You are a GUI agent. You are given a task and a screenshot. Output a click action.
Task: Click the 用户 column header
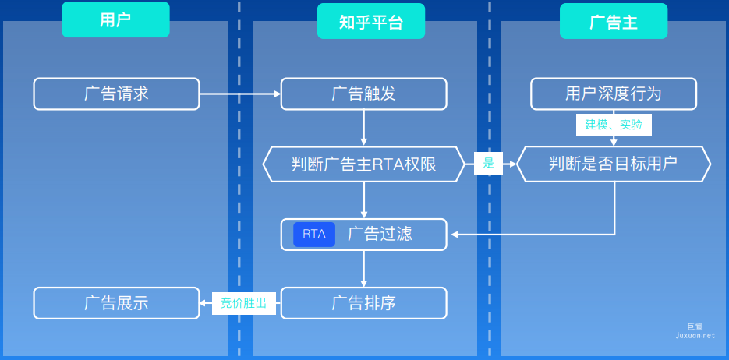115,20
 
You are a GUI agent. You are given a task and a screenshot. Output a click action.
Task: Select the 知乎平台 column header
371,21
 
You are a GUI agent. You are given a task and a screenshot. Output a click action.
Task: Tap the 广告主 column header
613,21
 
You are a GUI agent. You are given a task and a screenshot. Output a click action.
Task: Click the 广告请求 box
116,94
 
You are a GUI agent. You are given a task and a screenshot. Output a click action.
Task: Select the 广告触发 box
363,94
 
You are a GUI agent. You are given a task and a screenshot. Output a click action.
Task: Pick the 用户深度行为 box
613,94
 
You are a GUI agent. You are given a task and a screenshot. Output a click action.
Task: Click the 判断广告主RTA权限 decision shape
363,164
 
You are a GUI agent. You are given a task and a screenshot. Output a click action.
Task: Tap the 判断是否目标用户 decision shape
614,164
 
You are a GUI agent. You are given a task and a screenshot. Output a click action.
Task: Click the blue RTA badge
314,234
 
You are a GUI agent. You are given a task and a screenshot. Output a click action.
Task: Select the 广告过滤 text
380,234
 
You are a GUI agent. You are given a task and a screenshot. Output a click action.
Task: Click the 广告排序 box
363,303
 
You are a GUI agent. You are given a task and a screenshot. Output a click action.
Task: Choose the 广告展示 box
116,303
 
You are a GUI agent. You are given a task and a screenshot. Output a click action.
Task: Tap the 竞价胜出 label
244,303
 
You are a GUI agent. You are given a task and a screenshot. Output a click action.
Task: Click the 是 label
489,164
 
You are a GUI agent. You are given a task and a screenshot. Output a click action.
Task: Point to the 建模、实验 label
614,125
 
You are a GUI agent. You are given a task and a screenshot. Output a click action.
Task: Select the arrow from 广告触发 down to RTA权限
363,128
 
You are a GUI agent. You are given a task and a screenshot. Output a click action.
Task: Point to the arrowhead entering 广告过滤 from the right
454,234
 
